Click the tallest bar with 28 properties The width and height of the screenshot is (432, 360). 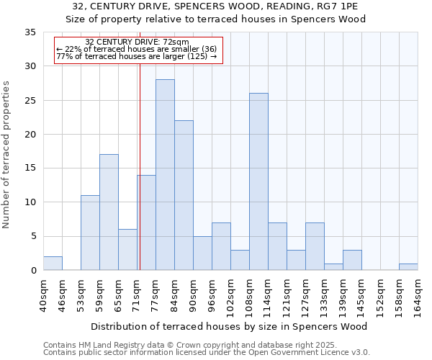[165, 175]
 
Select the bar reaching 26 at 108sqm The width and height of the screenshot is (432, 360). [258, 181]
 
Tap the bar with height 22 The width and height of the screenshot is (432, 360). [184, 195]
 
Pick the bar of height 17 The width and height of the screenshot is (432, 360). [109, 212]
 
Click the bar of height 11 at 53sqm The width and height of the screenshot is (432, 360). [90, 233]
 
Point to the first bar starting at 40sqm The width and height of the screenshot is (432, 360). [53, 264]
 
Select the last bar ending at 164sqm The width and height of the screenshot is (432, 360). [408, 267]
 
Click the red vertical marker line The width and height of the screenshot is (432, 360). [140, 166]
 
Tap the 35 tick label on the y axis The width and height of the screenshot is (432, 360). [30, 32]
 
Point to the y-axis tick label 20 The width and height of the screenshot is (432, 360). [30, 135]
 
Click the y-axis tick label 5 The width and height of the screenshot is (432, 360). [33, 237]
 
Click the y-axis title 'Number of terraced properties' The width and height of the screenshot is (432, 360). [7, 155]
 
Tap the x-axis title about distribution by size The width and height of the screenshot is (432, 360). [230, 326]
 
